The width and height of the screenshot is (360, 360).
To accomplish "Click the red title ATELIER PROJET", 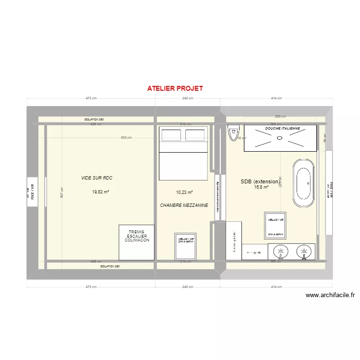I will tap(175, 88).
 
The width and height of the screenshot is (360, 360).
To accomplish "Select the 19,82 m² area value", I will tap(101, 192).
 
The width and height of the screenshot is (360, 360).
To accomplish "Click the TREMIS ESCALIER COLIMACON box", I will tap(137, 236).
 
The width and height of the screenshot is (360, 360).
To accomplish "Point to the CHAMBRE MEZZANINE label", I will tap(184, 205).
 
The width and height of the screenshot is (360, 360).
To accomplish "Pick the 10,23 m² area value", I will tap(184, 192).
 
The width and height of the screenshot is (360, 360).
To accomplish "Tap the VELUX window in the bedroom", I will tap(186, 245).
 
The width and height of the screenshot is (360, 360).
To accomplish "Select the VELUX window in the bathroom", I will tap(276, 226).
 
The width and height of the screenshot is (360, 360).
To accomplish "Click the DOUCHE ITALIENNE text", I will tap(283, 129).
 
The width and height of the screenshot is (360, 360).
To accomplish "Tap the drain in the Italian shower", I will tap(280, 138).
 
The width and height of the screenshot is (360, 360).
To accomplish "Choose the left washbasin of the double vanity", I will tap(280, 251).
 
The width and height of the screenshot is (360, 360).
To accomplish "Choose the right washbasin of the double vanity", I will tap(303, 251).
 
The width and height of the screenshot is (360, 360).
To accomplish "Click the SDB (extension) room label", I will tap(259, 181).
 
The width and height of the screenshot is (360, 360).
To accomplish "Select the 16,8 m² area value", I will tap(261, 187).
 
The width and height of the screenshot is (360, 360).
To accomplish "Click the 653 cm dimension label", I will tap(126, 138).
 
